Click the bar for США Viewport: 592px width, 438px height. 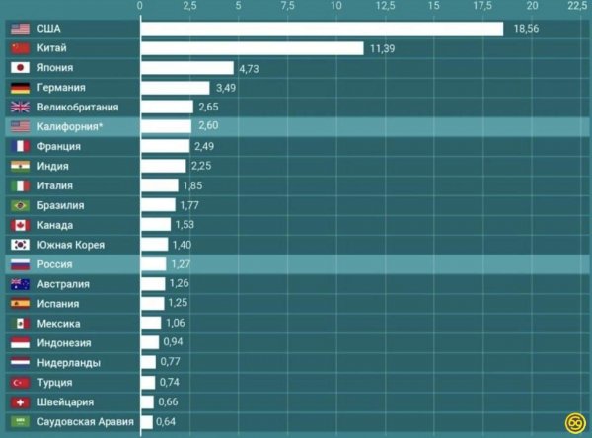(x=322, y=29)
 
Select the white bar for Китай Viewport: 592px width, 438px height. (x=252, y=48)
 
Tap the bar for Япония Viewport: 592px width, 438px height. (x=186, y=68)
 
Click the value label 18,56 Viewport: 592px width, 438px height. (x=529, y=29)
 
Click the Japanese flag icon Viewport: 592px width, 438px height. (x=20, y=68)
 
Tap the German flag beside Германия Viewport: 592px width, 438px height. (x=20, y=88)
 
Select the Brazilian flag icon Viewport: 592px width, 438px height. (x=20, y=205)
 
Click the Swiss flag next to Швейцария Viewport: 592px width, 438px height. (x=20, y=402)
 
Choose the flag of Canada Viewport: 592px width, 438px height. (x=20, y=225)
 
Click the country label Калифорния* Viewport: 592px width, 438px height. (x=72, y=127)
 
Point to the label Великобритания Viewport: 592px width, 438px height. (x=78, y=108)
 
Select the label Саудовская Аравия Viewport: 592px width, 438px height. (x=85, y=422)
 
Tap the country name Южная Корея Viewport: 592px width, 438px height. (x=70, y=245)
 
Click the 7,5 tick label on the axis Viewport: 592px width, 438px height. (x=287, y=7)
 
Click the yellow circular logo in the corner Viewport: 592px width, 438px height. (x=576, y=423)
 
